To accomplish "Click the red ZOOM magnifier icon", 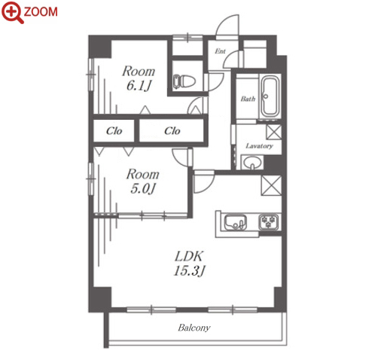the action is pos(13,12).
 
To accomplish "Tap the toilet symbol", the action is pos(184,81).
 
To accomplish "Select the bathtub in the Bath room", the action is pos(270,96).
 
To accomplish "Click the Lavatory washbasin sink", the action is pos(252,162).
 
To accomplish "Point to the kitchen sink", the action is pos(236,222).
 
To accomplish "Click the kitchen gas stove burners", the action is pos(269,221).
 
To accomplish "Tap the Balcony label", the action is pos(194,328).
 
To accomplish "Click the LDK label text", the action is pos(189,256).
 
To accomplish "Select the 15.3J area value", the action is pos(190,271).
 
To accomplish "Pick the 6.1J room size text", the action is pos(139,86).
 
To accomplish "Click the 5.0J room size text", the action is pos(142,188).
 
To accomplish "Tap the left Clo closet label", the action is pos(114,131).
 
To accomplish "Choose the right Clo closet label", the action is pos(172,131).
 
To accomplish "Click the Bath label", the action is pos(248,99).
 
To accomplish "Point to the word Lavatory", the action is pos(259,146).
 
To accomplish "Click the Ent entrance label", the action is pos(220,51).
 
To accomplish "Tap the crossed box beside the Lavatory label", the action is pos(274,132).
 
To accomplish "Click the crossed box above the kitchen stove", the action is pos(271,185).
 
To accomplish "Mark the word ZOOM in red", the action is pos(41,12).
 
